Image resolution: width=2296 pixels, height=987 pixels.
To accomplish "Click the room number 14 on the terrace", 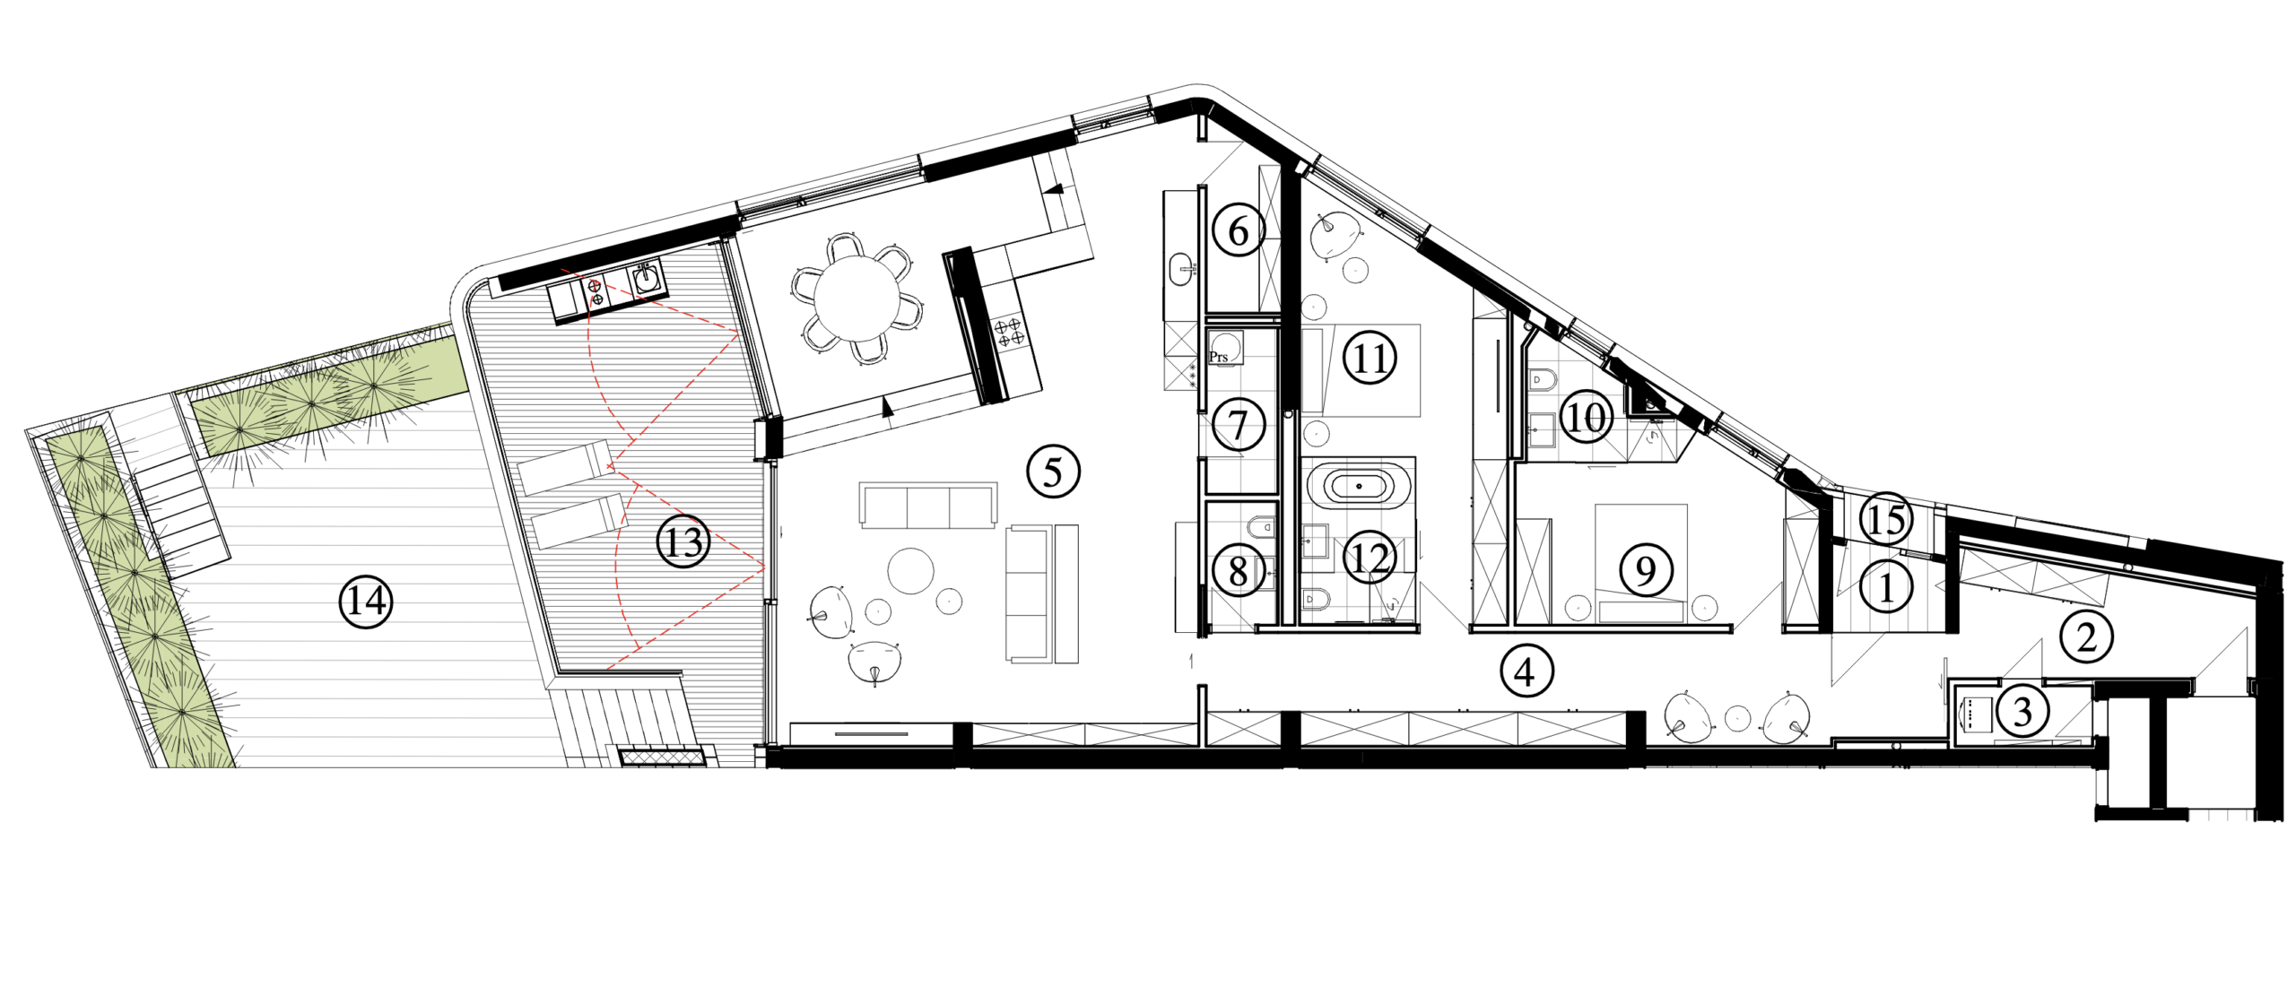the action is pyautogui.click(x=367, y=602).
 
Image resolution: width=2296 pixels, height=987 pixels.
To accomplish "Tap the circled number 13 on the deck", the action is pyautogui.click(x=683, y=541).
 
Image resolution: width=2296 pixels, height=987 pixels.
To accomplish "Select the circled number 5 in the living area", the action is pyautogui.click(x=1053, y=472).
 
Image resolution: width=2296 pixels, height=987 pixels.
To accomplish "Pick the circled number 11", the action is pyautogui.click(x=1370, y=359).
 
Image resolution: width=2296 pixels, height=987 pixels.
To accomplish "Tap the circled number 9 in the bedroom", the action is pyautogui.click(x=1645, y=570).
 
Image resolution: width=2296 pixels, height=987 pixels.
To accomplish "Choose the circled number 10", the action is pyautogui.click(x=1586, y=417).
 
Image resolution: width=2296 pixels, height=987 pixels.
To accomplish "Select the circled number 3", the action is pyautogui.click(x=2022, y=712).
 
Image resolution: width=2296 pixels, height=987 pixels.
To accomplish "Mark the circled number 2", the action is pyautogui.click(x=2086, y=637).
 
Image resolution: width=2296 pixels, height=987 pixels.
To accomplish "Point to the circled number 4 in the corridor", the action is pyautogui.click(x=1526, y=671).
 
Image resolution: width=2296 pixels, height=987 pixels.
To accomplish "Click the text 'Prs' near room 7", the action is pyautogui.click(x=1219, y=357).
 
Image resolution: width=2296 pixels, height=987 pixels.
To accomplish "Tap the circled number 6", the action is pyautogui.click(x=1239, y=229).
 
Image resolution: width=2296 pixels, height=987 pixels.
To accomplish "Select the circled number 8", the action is pyautogui.click(x=1239, y=570).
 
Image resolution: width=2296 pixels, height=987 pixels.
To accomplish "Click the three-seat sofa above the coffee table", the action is pyautogui.click(x=928, y=506).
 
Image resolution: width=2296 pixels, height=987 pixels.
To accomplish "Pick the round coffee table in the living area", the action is pyautogui.click(x=910, y=570).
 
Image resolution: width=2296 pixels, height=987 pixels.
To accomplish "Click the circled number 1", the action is pyautogui.click(x=1885, y=588).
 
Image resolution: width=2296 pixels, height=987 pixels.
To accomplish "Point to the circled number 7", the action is pyautogui.click(x=1239, y=424).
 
